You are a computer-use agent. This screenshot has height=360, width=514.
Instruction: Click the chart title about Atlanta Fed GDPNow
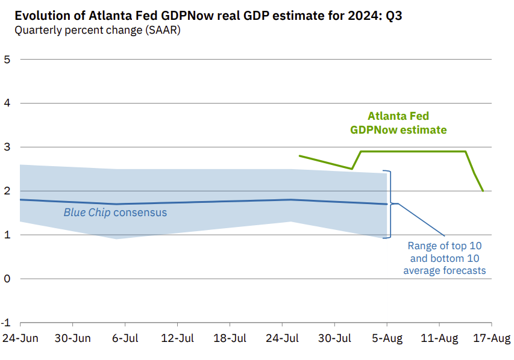click(208, 16)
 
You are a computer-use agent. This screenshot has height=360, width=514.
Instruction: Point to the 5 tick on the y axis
click(7, 59)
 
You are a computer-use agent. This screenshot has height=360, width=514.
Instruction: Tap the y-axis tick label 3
click(7, 147)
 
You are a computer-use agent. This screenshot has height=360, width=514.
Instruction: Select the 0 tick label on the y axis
click(7, 279)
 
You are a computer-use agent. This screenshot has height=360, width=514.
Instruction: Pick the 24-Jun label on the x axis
click(20, 338)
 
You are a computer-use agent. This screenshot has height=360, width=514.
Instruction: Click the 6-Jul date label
click(125, 338)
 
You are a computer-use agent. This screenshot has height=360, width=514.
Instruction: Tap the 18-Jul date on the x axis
click(230, 338)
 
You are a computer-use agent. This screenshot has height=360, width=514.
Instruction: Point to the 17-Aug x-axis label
click(492, 338)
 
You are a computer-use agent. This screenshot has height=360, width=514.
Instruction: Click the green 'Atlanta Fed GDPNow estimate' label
click(398, 123)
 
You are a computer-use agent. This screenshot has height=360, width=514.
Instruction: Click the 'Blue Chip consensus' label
click(115, 213)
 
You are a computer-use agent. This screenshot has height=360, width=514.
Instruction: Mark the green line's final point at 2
click(483, 191)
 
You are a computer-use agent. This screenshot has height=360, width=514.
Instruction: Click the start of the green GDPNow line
click(299, 156)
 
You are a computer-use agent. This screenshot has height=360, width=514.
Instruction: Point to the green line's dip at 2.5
click(352, 169)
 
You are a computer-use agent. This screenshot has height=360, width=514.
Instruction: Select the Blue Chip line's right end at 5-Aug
click(386, 204)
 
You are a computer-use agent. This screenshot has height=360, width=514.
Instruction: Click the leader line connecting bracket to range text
click(422, 220)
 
